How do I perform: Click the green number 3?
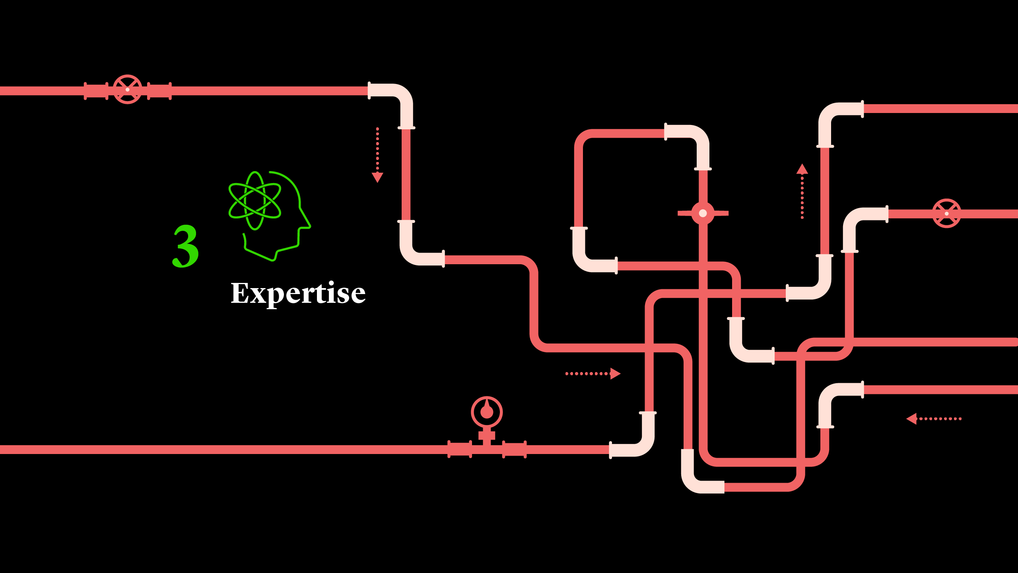(186, 246)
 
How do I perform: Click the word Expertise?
(298, 293)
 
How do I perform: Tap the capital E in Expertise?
(240, 293)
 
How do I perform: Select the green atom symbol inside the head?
(254, 201)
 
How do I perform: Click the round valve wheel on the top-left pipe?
(127, 90)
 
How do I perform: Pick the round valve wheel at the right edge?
(946, 214)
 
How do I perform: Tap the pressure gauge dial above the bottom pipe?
(487, 412)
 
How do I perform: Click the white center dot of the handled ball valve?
(703, 213)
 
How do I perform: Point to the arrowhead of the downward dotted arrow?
(377, 177)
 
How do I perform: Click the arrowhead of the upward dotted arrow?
(802, 169)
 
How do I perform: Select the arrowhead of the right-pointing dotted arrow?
(615, 374)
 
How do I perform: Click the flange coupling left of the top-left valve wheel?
(96, 91)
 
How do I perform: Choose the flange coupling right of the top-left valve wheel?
(159, 91)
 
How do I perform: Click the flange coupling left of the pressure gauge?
(460, 449)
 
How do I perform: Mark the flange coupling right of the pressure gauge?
(514, 449)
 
